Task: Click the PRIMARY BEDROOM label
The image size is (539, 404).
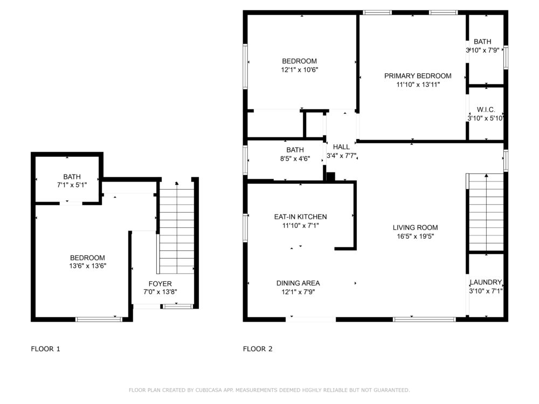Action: (x=418, y=76)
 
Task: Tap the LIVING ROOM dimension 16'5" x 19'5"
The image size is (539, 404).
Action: (x=415, y=236)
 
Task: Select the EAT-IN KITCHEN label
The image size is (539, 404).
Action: (x=300, y=217)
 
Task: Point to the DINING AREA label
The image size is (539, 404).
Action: (x=298, y=283)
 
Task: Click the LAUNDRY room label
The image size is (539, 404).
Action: (x=486, y=282)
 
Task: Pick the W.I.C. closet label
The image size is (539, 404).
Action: (x=486, y=109)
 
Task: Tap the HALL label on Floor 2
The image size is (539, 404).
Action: (x=341, y=147)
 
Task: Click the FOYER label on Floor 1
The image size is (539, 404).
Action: (x=160, y=284)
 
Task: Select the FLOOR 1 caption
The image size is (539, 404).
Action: (x=45, y=349)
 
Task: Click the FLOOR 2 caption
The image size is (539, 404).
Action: (x=258, y=349)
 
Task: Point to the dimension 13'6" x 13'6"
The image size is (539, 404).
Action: (x=88, y=266)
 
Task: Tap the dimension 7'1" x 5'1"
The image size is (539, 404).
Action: (x=72, y=185)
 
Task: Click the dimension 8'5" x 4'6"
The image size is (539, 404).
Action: (x=295, y=159)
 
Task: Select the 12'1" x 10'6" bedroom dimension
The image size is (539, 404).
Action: (x=299, y=69)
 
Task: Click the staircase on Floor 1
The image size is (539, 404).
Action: (x=177, y=228)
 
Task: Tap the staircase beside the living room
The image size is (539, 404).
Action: (x=486, y=212)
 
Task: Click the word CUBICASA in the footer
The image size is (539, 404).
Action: (x=208, y=390)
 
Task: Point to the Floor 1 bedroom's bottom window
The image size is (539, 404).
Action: (x=99, y=319)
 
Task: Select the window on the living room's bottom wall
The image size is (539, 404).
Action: (x=425, y=319)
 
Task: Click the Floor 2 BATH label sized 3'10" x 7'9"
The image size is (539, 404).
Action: (x=482, y=41)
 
